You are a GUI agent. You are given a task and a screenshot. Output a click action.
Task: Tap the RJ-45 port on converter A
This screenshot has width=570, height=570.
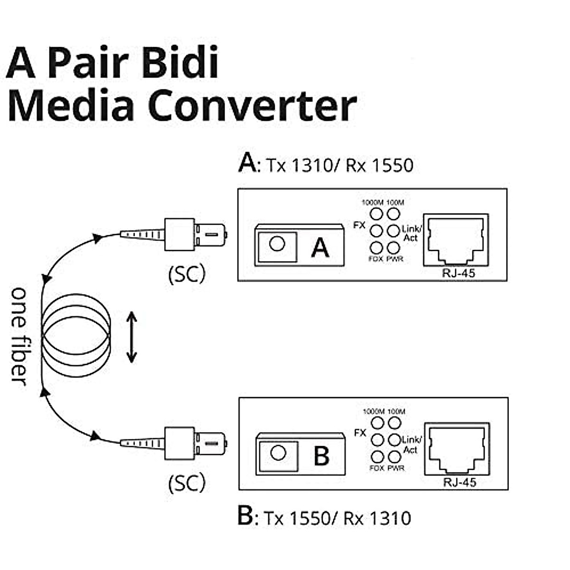pyautogui.click(x=455, y=239)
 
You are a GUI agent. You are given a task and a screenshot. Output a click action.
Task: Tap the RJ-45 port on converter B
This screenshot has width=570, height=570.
pyautogui.click(x=456, y=448)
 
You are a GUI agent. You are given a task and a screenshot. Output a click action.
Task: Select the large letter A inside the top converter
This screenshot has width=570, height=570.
pyautogui.click(x=320, y=247)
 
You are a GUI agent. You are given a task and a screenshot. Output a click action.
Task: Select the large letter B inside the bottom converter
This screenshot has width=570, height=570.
pyautogui.click(x=322, y=456)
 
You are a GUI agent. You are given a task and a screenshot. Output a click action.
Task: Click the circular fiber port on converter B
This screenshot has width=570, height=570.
pyautogui.click(x=277, y=453)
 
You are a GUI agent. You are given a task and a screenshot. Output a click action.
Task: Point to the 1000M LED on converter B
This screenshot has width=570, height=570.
pyautogui.click(x=377, y=422)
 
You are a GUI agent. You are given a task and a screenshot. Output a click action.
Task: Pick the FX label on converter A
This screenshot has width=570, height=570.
pyautogui.click(x=360, y=225)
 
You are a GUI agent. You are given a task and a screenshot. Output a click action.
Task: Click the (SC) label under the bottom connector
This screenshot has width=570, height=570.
pyautogui.click(x=187, y=483)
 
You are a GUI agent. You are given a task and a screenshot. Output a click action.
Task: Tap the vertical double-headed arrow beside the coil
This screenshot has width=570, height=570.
pyautogui.click(x=132, y=337)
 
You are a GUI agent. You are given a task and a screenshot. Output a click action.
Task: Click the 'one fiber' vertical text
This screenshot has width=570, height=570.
pyautogui.click(x=19, y=335)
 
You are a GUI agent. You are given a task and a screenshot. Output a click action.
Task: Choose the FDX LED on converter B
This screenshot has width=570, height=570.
pyautogui.click(x=377, y=457)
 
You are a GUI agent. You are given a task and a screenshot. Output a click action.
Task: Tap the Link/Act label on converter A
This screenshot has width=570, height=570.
pyautogui.click(x=411, y=233)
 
